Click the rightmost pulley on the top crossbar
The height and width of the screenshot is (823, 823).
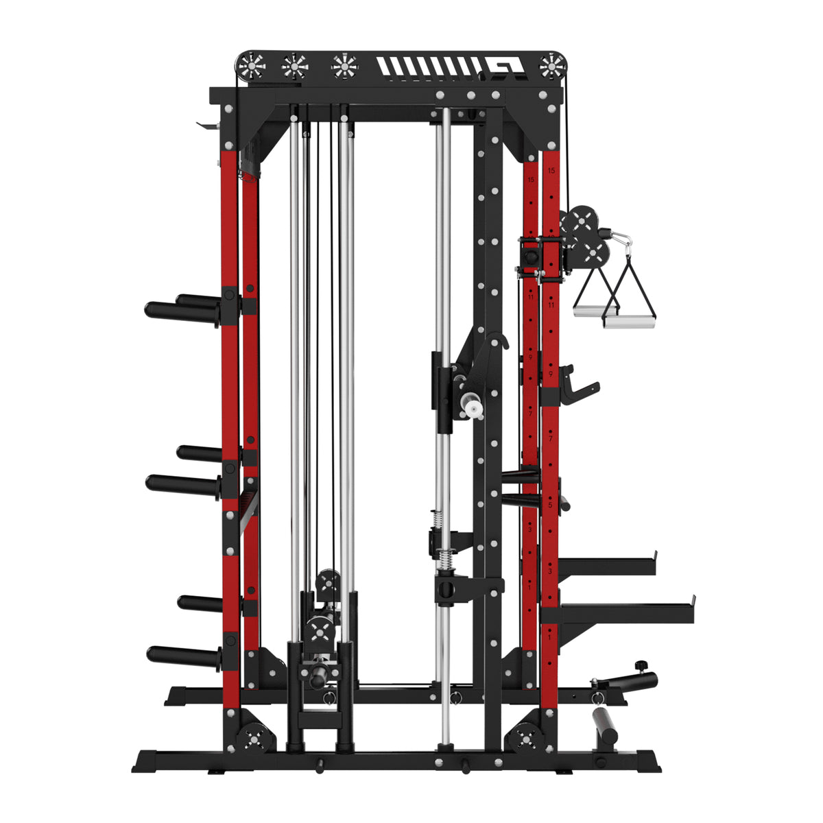click(551, 67)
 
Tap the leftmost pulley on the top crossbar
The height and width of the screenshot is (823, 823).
click(252, 67)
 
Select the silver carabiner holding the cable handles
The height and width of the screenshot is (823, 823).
click(621, 241)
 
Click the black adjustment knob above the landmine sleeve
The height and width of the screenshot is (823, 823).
click(641, 666)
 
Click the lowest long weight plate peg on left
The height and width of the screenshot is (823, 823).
click(182, 656)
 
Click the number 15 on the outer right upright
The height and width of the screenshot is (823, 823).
click(551, 170)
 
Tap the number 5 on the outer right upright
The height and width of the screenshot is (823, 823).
click(550, 505)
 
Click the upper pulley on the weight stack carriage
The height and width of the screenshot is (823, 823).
click(328, 584)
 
